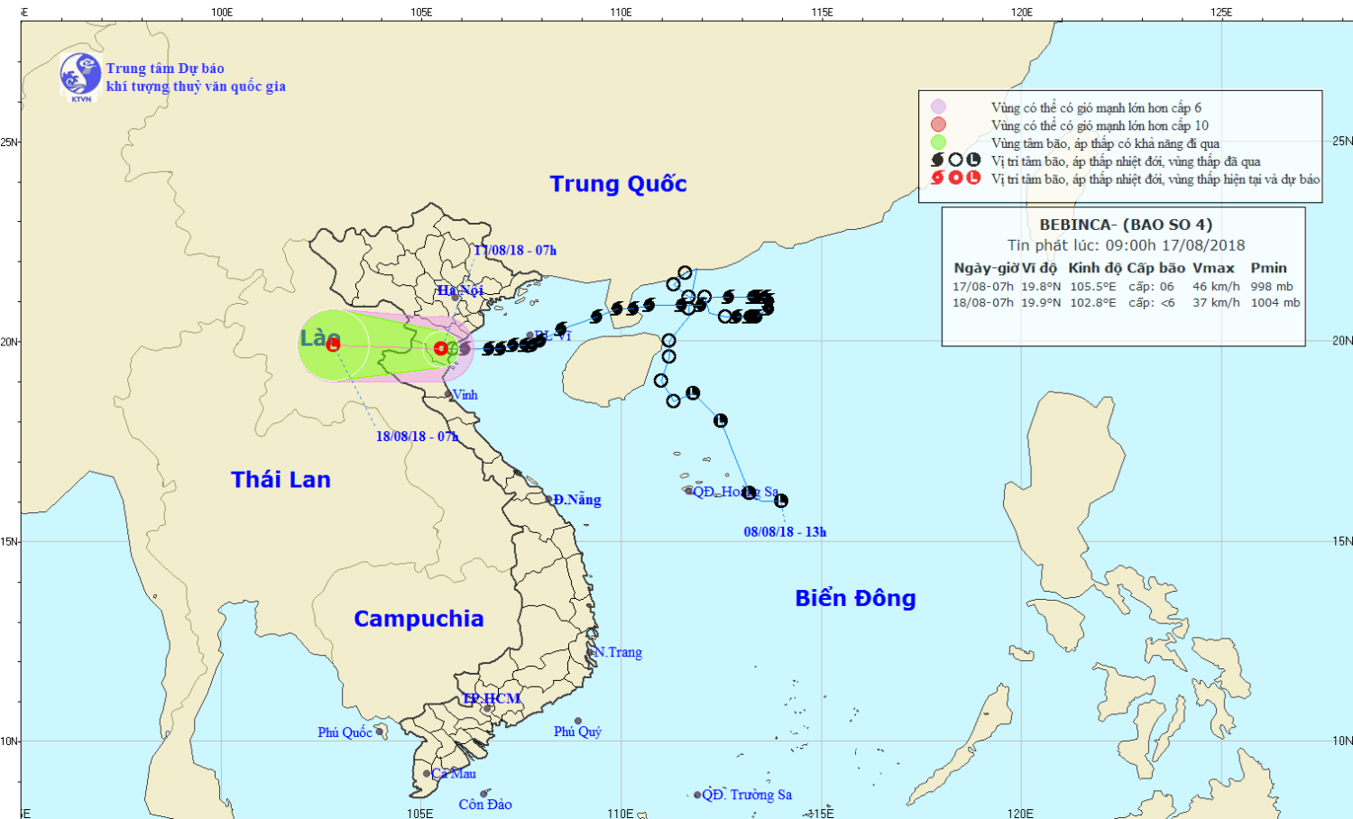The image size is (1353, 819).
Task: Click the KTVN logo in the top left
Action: tap(80, 75)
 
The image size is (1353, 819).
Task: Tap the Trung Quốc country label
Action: tap(618, 184)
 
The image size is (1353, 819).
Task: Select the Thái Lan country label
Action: tap(281, 480)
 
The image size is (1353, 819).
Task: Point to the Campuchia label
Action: tap(419, 619)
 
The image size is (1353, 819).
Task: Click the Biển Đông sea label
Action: tap(855, 599)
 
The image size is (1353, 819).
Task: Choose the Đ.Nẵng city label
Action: tap(577, 500)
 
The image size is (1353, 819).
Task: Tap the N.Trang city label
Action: tap(618, 652)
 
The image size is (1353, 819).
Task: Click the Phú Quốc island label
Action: tap(345, 732)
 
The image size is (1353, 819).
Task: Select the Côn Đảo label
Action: tap(485, 805)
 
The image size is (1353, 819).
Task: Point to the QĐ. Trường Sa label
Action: tap(747, 795)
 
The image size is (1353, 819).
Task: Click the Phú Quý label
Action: tap(577, 732)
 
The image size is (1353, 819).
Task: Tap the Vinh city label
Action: tap(465, 395)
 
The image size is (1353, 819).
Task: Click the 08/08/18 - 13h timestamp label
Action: tap(785, 532)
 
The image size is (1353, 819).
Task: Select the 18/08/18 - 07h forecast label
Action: tap(417, 437)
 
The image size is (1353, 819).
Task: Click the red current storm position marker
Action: tap(440, 348)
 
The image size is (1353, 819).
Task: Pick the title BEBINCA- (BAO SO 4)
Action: tap(1126, 225)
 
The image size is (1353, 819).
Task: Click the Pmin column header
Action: tap(1268, 268)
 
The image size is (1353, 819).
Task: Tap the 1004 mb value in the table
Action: tap(1275, 303)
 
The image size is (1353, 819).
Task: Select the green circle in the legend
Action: tap(939, 143)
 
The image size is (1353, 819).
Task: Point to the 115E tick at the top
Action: tap(822, 12)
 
